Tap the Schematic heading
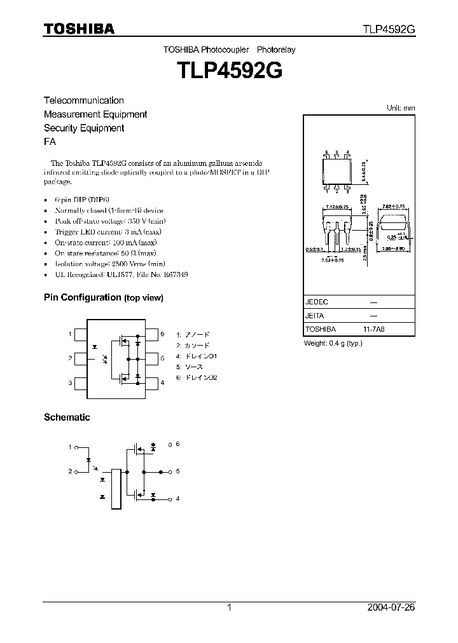tap(67, 417)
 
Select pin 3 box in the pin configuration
tap(81, 382)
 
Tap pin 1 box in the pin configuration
tap(81, 334)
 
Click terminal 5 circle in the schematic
tap(170, 471)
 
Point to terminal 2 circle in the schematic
tap(78, 471)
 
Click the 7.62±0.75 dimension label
tap(392, 206)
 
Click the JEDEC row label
tap(317, 302)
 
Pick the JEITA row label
tap(316, 316)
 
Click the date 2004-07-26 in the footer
tap(391, 607)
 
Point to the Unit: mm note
tap(401, 108)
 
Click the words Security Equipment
tap(83, 128)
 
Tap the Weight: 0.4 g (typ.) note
tap(333, 343)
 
